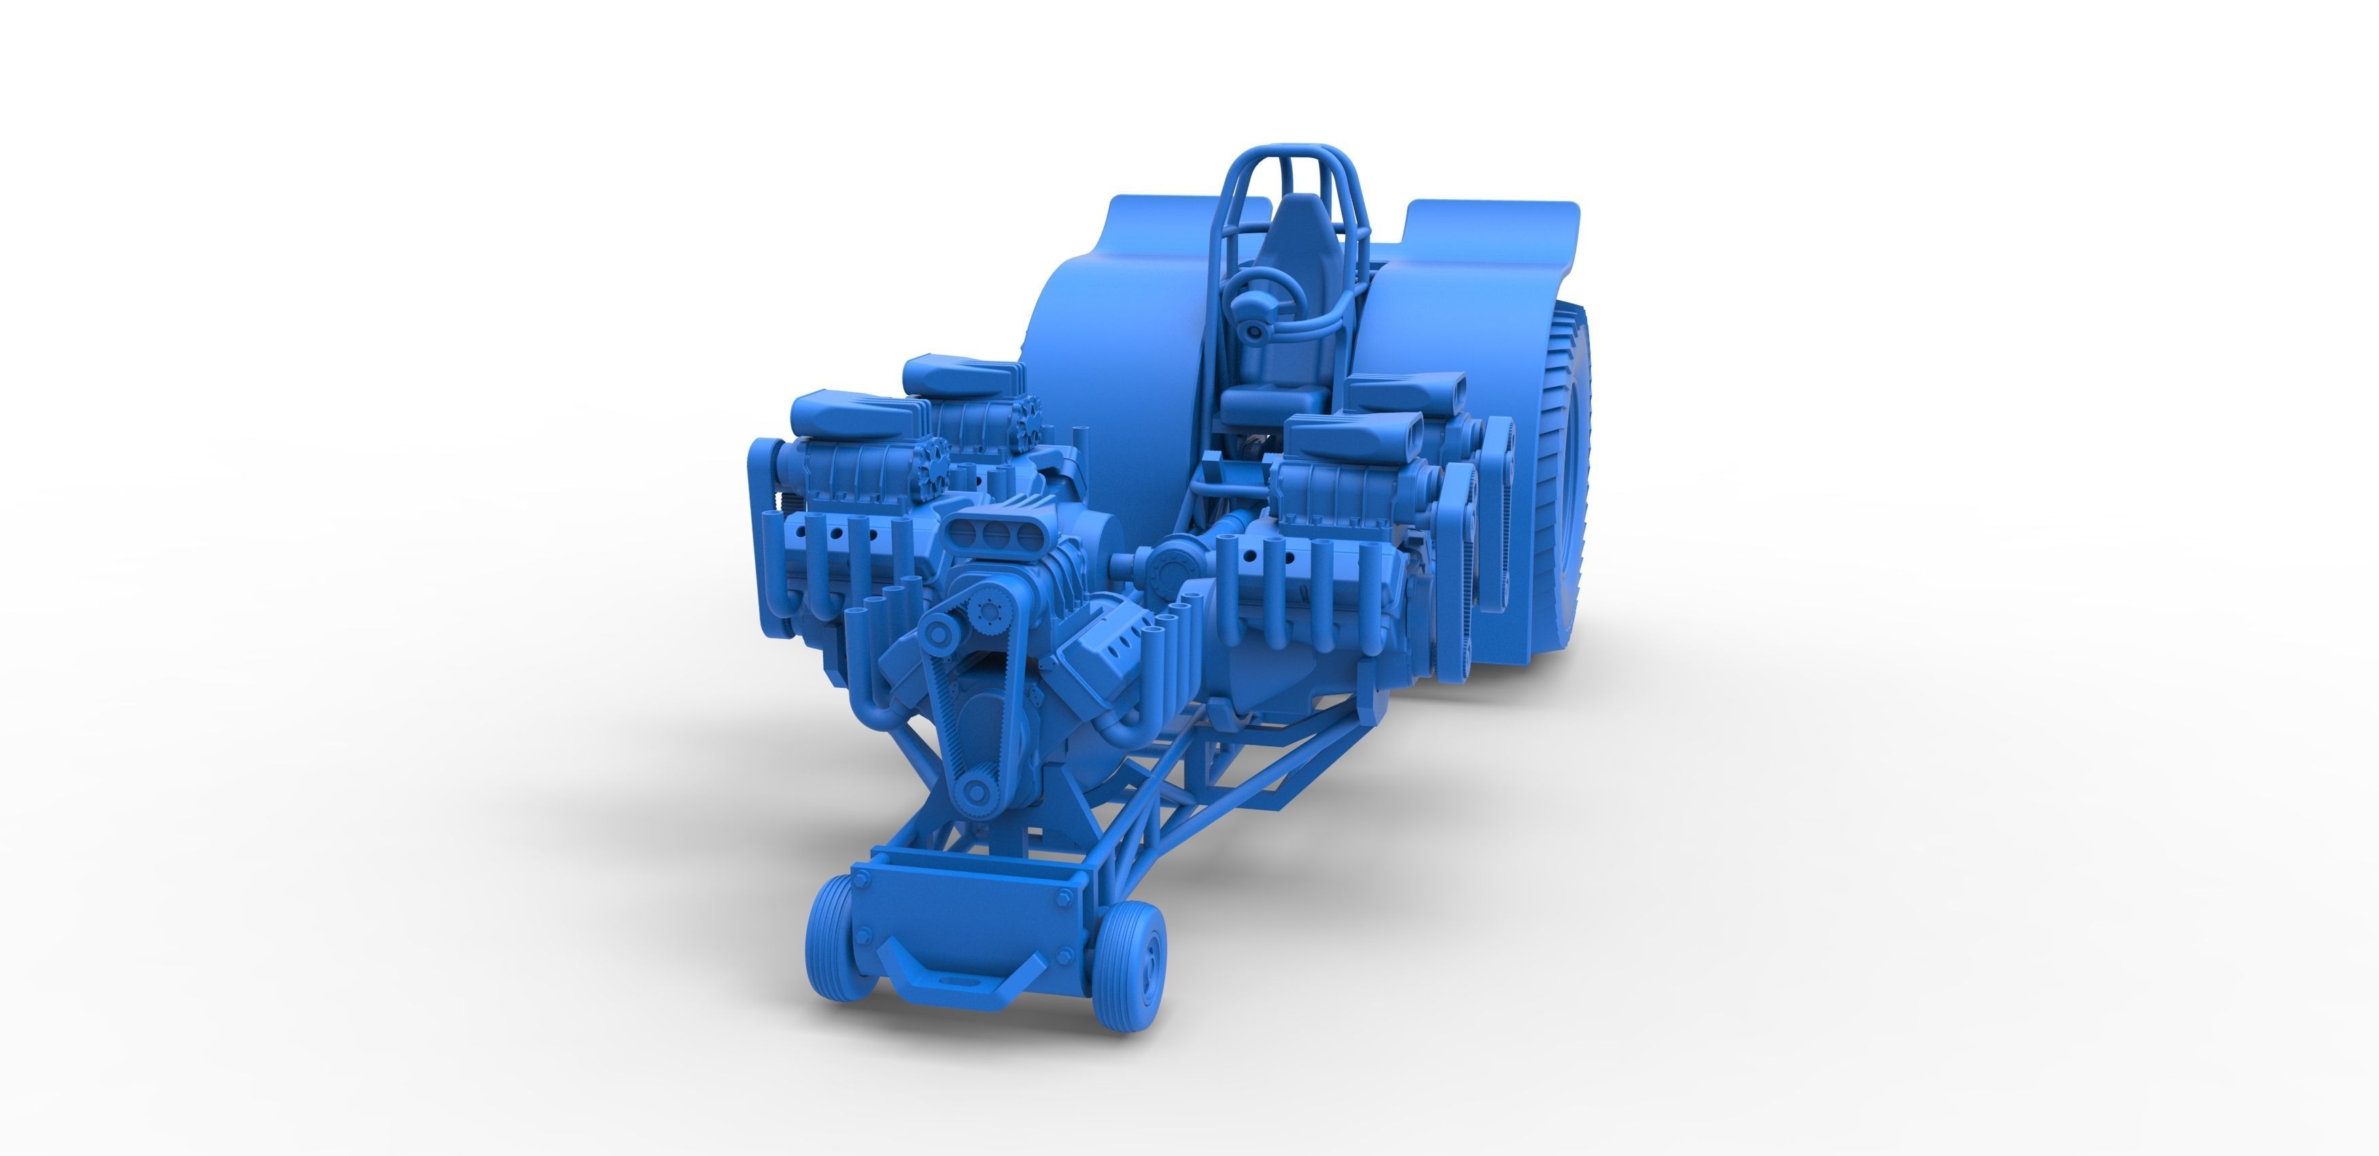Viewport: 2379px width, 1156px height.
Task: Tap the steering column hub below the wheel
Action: click(x=1254, y=330)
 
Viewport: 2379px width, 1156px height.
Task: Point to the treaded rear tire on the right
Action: click(x=1570, y=480)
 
